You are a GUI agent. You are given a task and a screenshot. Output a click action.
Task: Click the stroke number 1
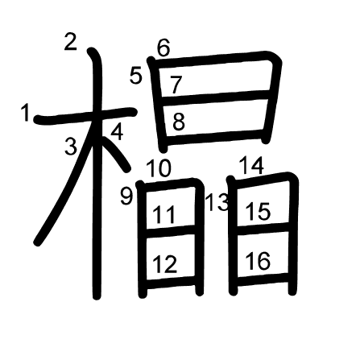[26, 113]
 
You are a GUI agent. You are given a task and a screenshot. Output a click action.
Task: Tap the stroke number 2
[71, 41]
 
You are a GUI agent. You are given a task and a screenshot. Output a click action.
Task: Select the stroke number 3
[71, 147]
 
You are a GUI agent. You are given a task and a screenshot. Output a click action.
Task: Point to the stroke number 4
[117, 133]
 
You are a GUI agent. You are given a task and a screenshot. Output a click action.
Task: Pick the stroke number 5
[135, 76]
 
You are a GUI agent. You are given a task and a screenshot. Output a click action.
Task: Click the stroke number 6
[163, 48]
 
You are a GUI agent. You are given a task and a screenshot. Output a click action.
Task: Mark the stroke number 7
[176, 85]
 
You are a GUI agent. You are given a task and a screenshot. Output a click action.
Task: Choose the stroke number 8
[179, 122]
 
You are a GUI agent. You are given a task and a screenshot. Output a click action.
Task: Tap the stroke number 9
[126, 197]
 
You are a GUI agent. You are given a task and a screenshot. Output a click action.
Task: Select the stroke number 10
[159, 168]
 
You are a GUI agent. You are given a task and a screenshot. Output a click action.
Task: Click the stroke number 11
[164, 215]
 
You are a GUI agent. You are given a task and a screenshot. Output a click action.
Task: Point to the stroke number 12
[165, 264]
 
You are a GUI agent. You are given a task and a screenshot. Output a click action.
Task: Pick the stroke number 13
[217, 203]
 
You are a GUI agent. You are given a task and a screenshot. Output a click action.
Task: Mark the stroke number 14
[251, 166]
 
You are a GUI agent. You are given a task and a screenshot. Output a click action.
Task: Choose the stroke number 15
[258, 211]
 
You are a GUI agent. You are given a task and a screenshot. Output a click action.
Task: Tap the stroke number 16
[258, 261]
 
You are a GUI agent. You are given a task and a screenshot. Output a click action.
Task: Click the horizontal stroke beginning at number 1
[85, 116]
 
